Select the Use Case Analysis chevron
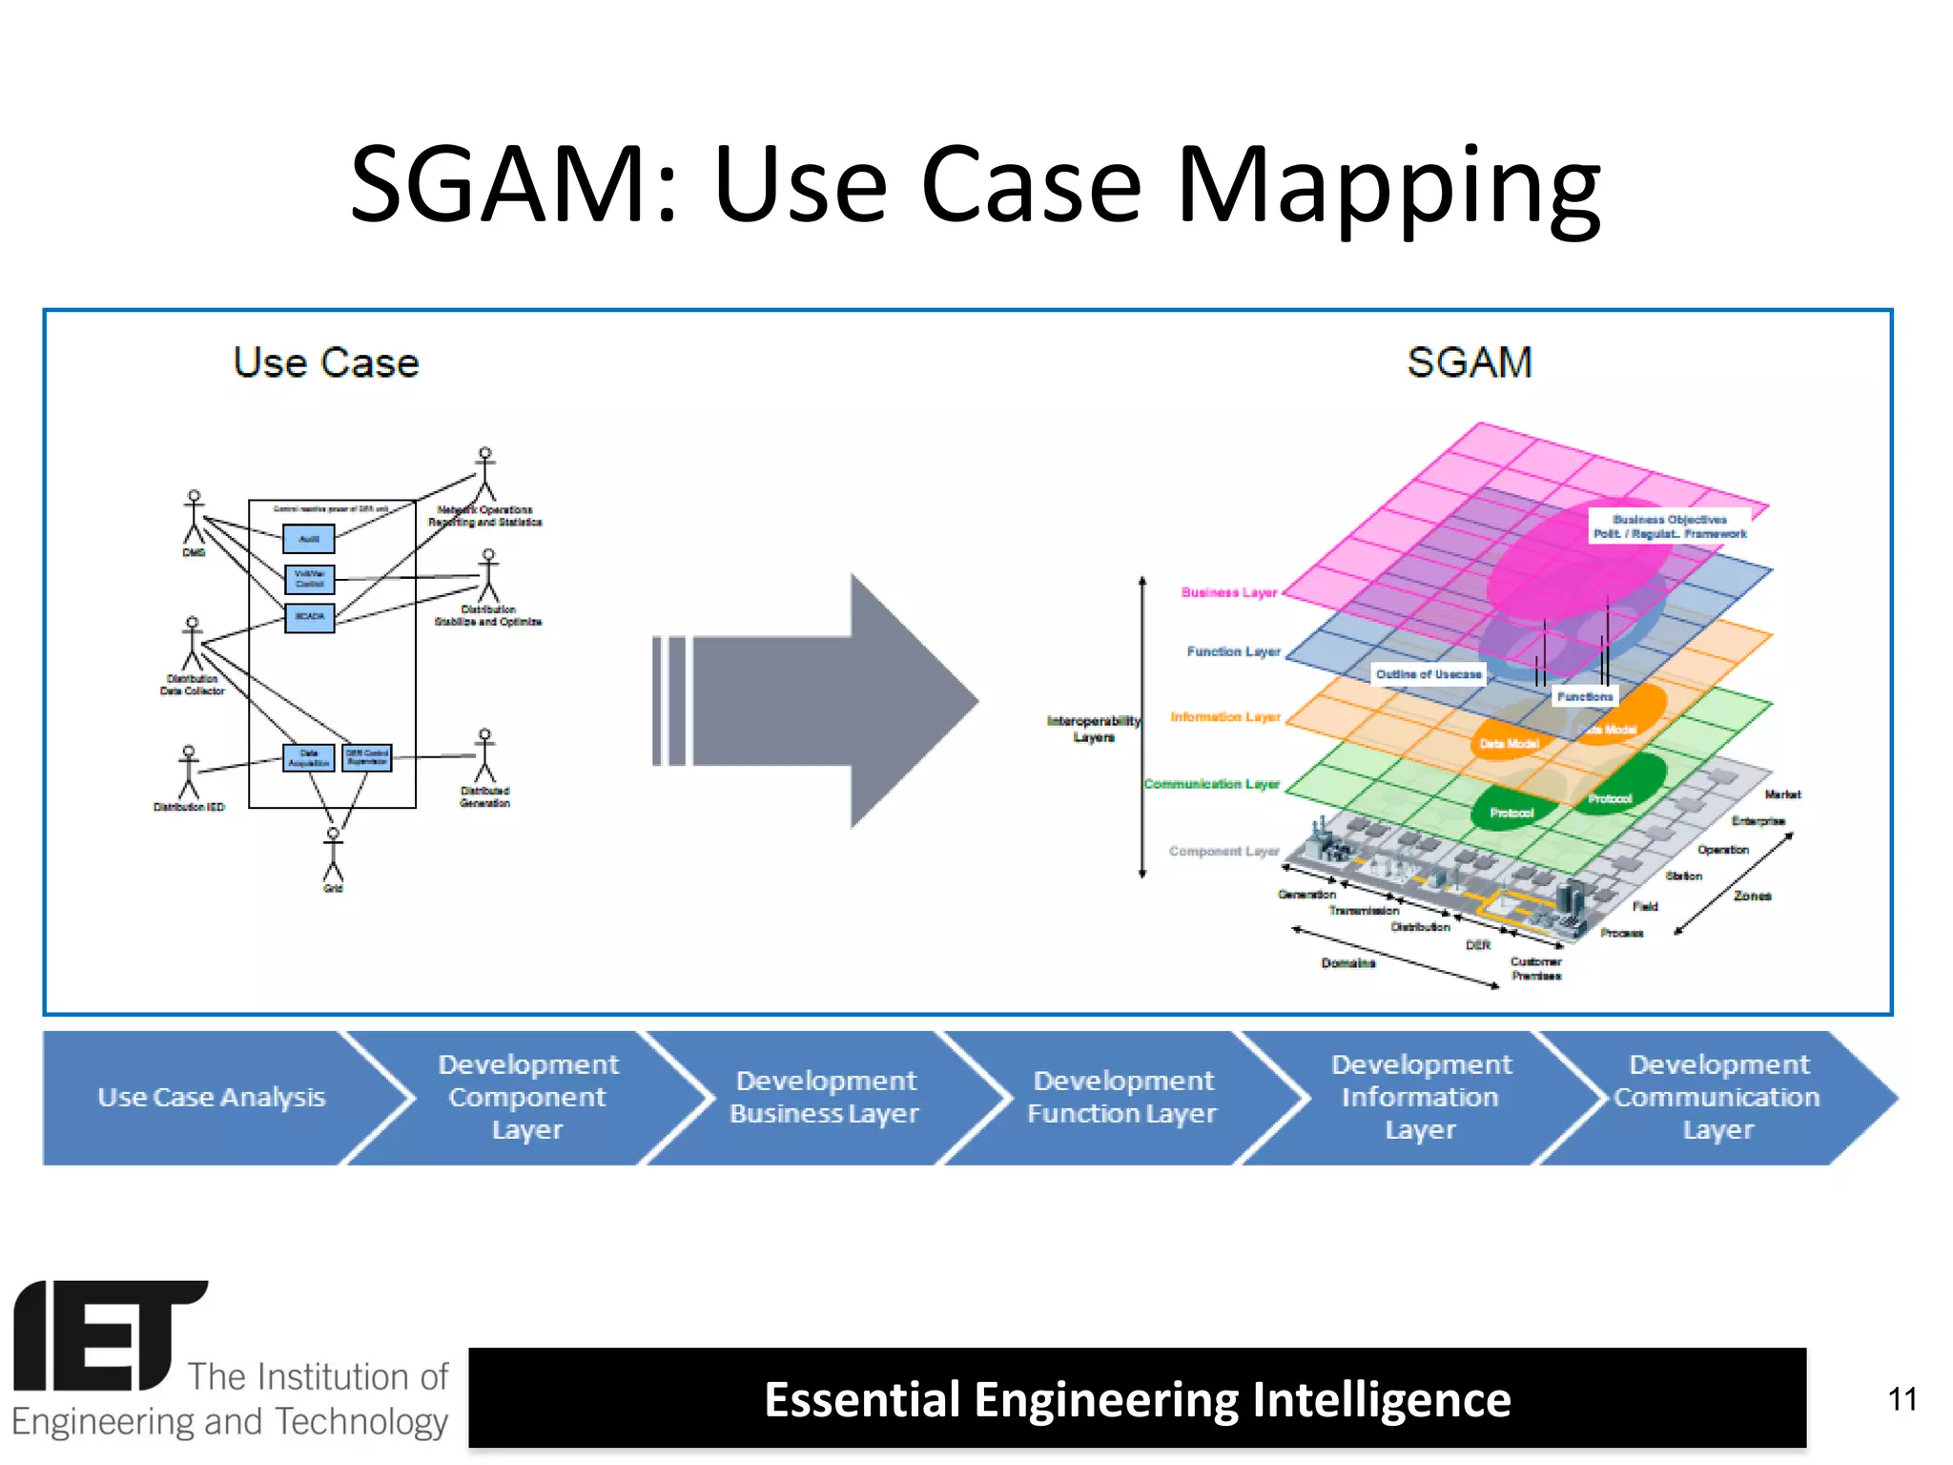point(211,1097)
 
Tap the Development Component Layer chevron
point(527,1097)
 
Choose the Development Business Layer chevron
point(825,1097)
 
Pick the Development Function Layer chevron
point(1122,1097)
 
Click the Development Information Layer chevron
point(1421,1097)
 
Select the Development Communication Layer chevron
point(1717,1097)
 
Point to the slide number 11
point(1902,1399)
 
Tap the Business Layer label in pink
point(1228,592)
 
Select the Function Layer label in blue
point(1232,651)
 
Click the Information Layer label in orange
point(1224,716)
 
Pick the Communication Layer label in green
point(1211,784)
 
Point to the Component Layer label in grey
point(1223,851)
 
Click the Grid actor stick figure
point(333,855)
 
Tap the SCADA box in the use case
point(310,617)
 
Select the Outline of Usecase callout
point(1428,674)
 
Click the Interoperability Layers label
point(1093,729)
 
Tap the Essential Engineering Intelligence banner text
point(1137,1399)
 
